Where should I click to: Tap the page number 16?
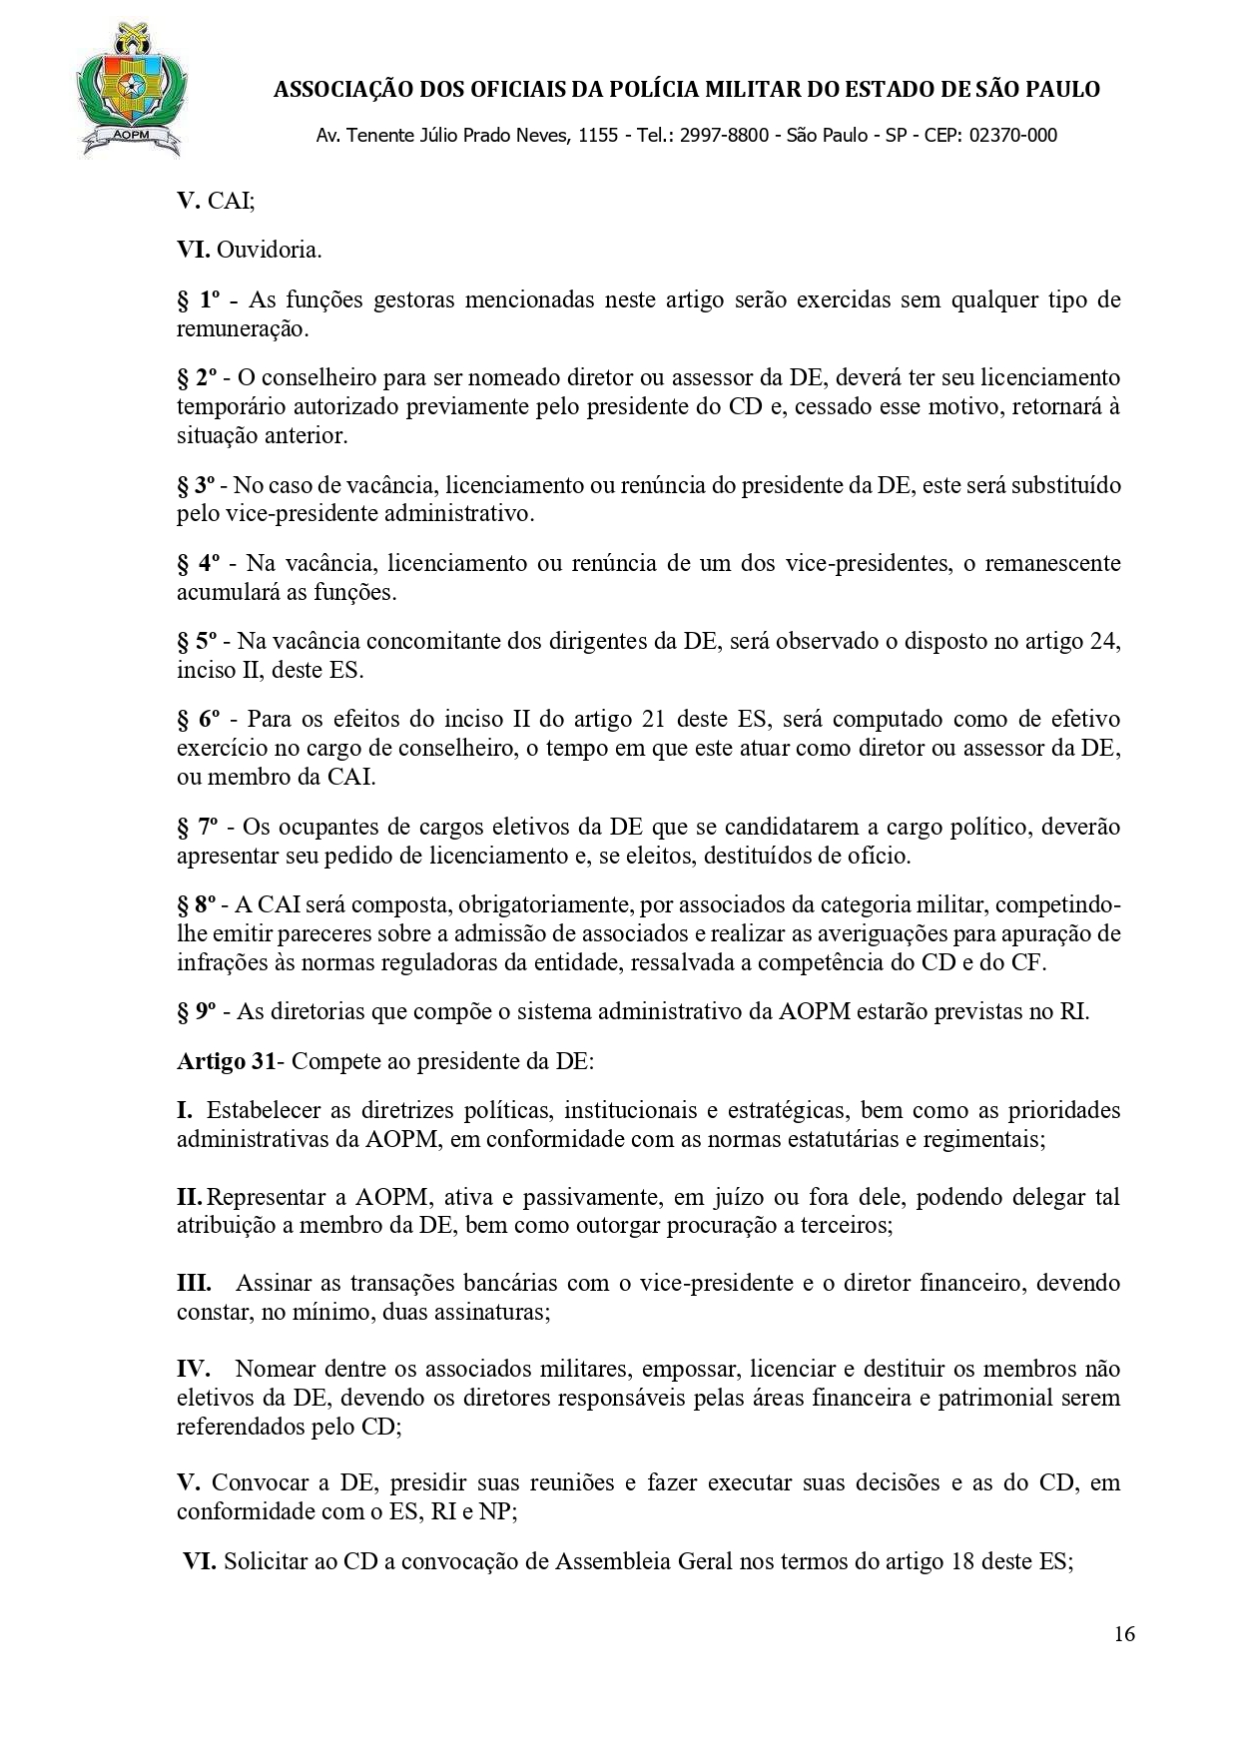(x=1124, y=1634)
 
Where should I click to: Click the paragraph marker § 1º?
(x=198, y=299)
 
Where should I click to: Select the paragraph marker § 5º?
(x=198, y=641)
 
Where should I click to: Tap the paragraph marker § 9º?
(x=198, y=1011)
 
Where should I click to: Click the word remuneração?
(x=241, y=328)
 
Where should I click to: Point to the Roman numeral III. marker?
(x=194, y=1283)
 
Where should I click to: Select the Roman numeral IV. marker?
(x=193, y=1369)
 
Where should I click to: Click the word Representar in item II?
(x=265, y=1196)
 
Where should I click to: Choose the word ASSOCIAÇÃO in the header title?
(x=343, y=90)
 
